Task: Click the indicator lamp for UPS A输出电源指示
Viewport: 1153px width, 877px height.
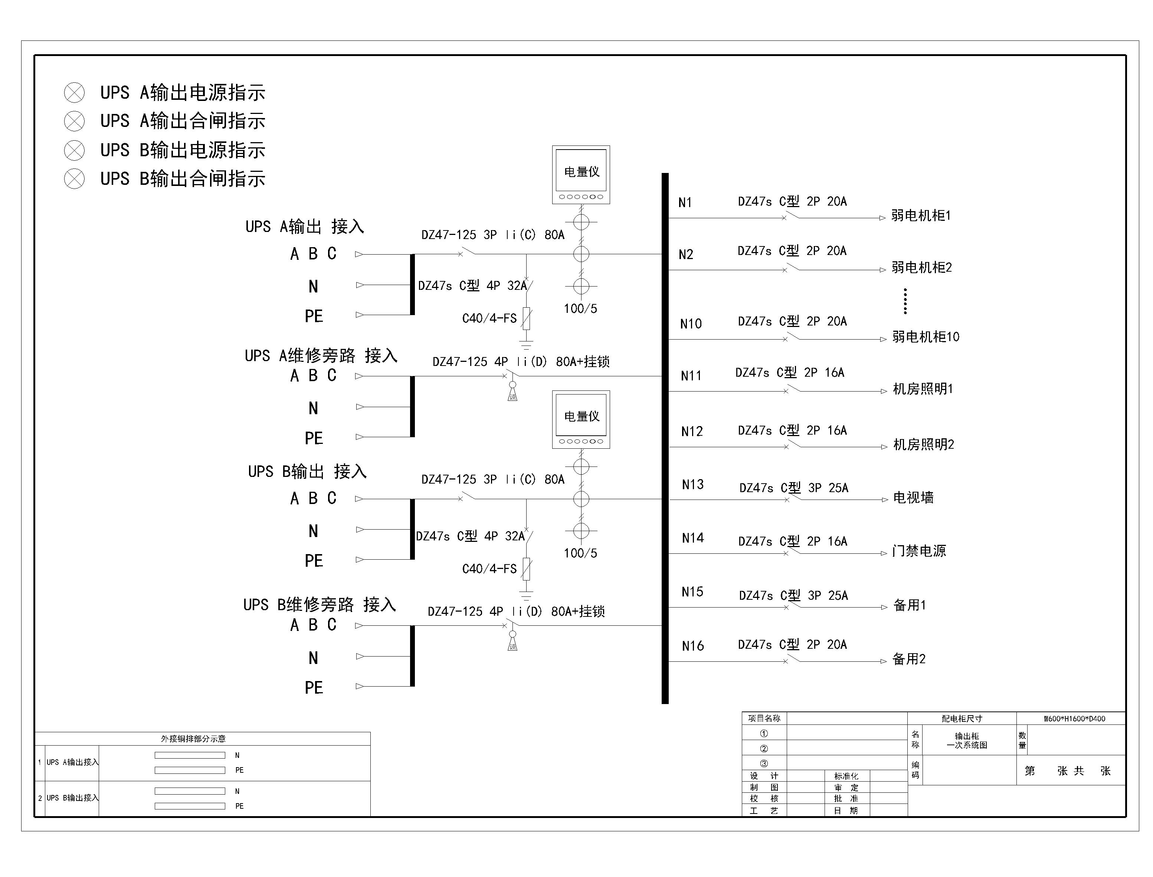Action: click(74, 93)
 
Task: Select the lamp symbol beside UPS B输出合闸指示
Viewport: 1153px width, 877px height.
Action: click(74, 179)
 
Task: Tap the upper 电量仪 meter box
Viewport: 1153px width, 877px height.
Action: click(581, 174)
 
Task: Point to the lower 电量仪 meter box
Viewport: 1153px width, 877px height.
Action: click(581, 419)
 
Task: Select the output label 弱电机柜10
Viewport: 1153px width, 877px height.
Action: click(926, 337)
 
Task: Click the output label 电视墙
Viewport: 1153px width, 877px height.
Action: click(913, 497)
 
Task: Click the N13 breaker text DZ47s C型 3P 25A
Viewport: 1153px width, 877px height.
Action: click(793, 488)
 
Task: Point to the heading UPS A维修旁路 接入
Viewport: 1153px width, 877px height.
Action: click(321, 356)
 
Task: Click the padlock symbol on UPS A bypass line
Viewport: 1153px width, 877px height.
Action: click(512, 392)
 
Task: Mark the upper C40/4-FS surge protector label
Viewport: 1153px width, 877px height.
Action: click(489, 318)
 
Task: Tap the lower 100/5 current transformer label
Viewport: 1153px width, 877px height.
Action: click(580, 553)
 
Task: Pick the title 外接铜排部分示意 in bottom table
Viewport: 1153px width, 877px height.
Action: click(193, 739)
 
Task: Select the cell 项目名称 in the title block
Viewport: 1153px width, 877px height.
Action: click(764, 718)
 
